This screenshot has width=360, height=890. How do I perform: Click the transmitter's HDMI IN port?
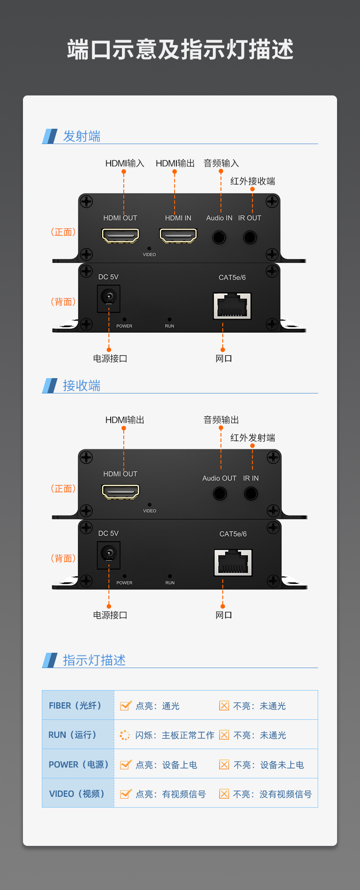(x=178, y=235)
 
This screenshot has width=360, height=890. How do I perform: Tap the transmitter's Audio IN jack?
(x=219, y=237)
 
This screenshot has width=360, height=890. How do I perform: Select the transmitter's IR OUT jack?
(x=250, y=237)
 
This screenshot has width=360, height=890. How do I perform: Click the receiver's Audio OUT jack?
(x=220, y=493)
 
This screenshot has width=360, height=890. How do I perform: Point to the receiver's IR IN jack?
(x=251, y=493)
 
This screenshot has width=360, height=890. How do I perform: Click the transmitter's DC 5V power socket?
(x=108, y=298)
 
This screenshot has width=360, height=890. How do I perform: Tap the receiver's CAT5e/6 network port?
(x=233, y=562)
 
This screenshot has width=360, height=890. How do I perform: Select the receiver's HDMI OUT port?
(x=121, y=492)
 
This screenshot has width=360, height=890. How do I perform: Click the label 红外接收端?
(x=252, y=181)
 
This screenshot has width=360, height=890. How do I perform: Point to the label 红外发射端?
(x=252, y=438)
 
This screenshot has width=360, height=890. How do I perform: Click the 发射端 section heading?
(x=81, y=136)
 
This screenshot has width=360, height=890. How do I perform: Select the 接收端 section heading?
(x=81, y=385)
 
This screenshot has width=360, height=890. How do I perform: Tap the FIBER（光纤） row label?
(x=75, y=705)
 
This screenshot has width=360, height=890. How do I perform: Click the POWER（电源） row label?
(x=79, y=764)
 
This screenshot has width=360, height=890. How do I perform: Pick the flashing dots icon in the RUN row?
(x=125, y=735)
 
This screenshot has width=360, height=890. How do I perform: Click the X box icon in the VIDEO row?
(x=224, y=794)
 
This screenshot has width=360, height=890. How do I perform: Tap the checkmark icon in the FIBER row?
(x=126, y=705)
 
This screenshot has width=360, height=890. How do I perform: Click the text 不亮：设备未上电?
(x=269, y=765)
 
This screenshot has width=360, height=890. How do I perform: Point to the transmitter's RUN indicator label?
(x=170, y=326)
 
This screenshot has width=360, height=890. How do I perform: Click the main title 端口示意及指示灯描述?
(x=180, y=49)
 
